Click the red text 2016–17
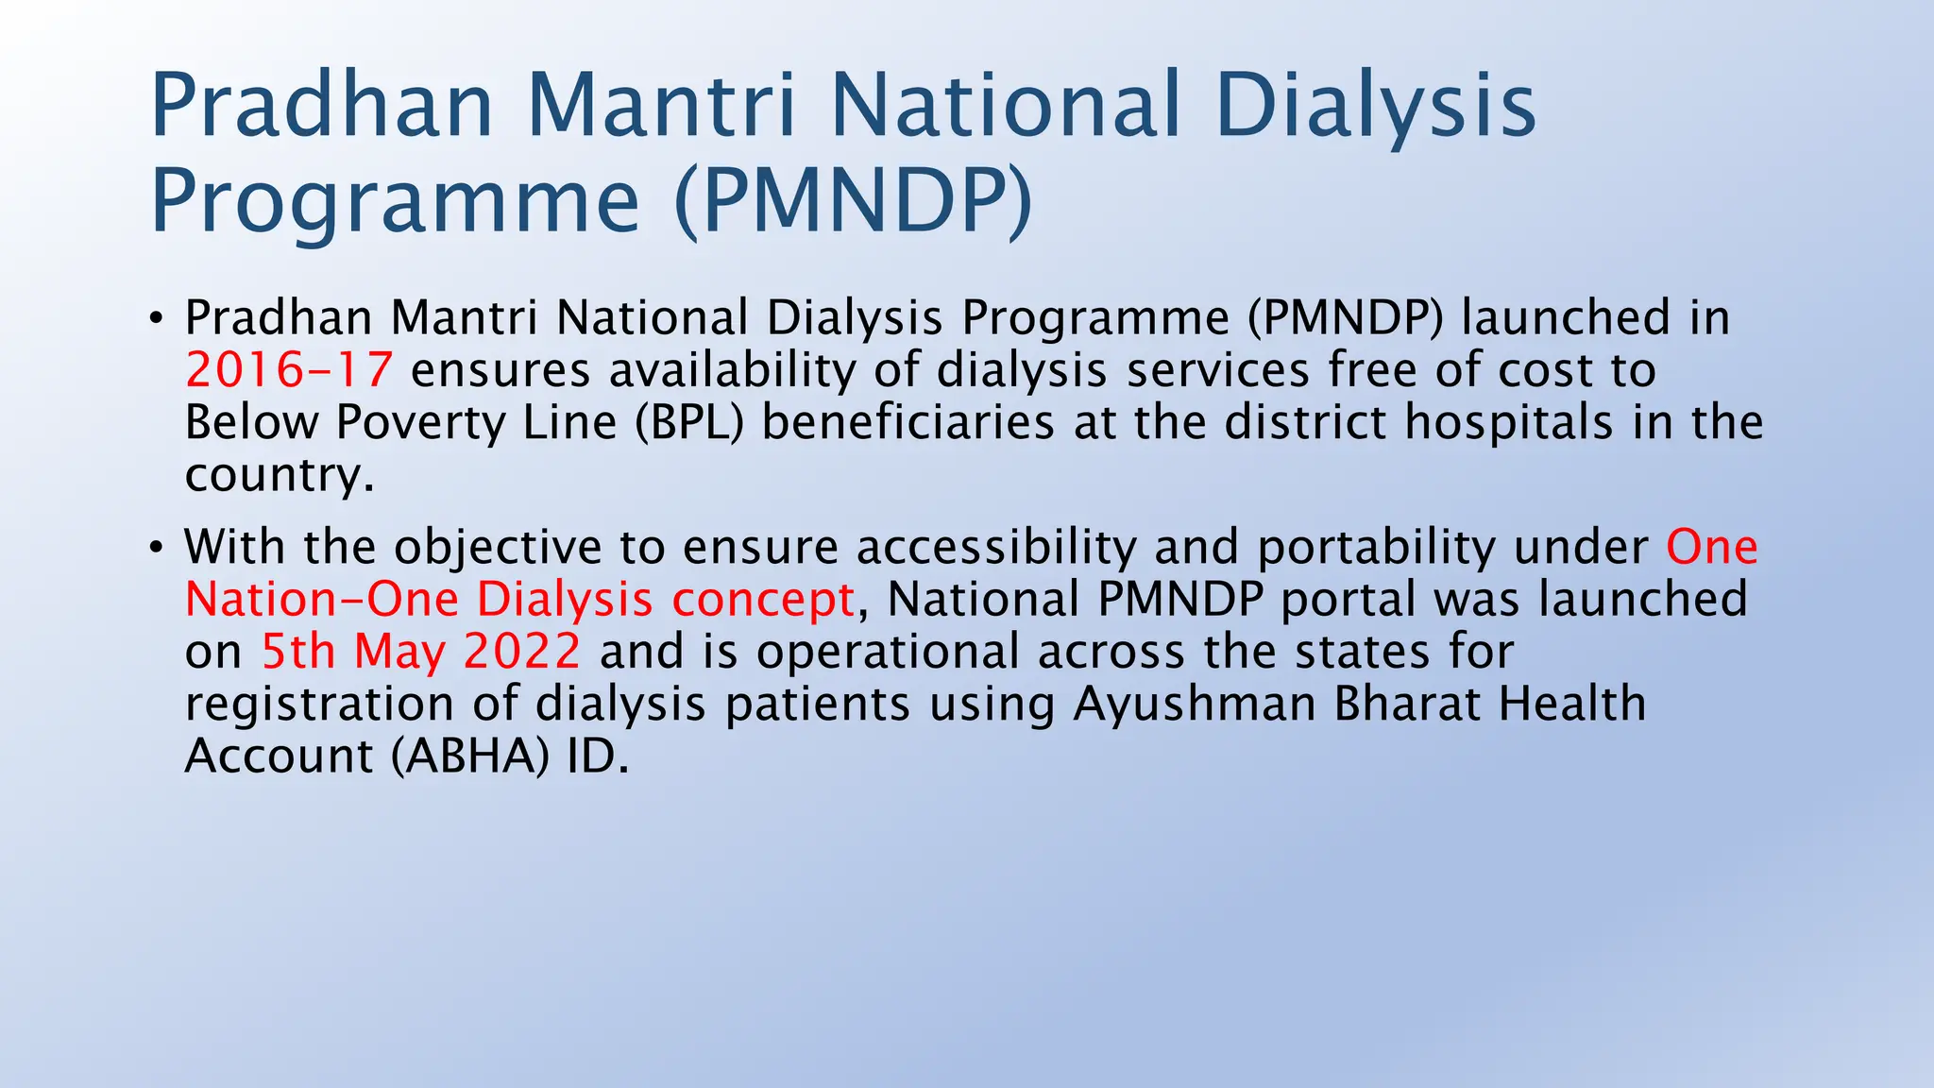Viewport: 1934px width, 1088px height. (289, 369)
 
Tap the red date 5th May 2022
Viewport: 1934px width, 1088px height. (420, 652)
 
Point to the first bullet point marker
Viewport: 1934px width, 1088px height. (156, 317)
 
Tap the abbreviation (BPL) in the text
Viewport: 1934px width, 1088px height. (689, 422)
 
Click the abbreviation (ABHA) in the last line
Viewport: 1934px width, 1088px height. (470, 756)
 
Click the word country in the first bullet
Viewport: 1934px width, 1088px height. (279, 474)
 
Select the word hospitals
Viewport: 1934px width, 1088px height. (1508, 422)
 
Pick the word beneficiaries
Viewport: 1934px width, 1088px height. (908, 422)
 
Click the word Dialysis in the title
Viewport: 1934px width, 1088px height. (1376, 106)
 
